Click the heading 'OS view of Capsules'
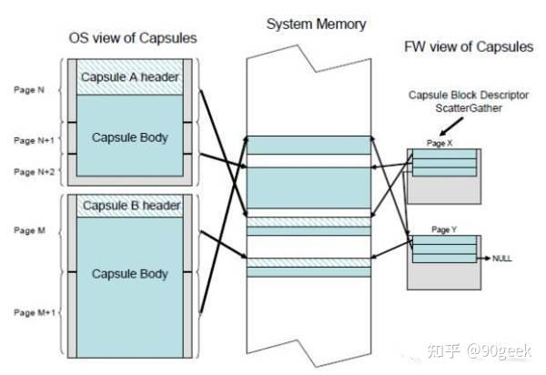(133, 38)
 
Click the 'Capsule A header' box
(129, 76)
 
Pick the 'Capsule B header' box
(129, 205)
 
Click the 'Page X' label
(441, 144)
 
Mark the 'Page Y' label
(441, 230)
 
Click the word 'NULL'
(502, 258)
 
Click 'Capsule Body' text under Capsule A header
(129, 137)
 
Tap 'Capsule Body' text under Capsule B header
(129, 273)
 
